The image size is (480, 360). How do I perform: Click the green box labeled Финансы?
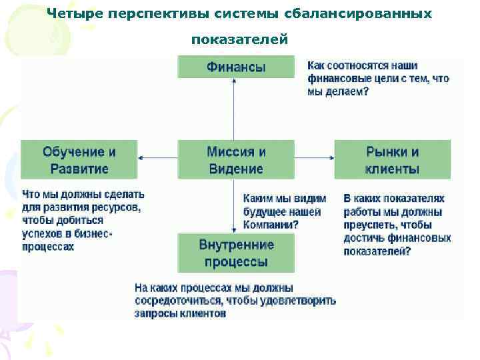click(235, 67)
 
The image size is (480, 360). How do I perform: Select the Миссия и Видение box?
click(235, 159)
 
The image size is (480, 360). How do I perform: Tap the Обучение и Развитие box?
click(79, 159)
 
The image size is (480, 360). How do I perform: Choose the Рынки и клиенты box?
click(392, 159)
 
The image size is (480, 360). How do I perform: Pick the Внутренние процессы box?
click(235, 253)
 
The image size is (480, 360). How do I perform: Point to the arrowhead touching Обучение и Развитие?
click(141, 158)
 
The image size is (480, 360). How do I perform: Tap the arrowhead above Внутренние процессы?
click(234, 229)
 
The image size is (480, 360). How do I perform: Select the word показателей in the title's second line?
click(239, 40)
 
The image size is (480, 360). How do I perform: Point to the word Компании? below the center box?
click(271, 225)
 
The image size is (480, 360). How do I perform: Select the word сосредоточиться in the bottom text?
click(175, 301)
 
